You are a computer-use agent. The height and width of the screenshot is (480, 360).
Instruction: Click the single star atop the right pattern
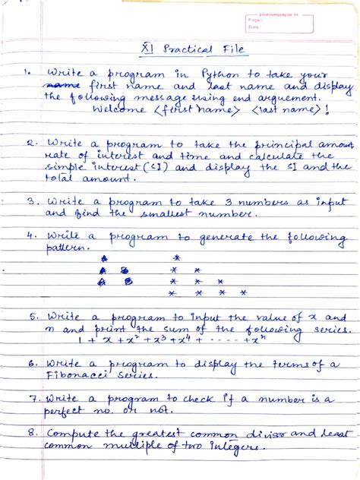coord(173,257)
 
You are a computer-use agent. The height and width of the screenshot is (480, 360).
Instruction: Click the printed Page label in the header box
coord(254,21)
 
